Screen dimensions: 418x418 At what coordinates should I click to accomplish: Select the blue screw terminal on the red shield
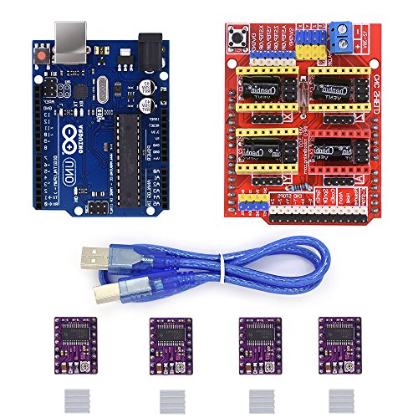point(339,34)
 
